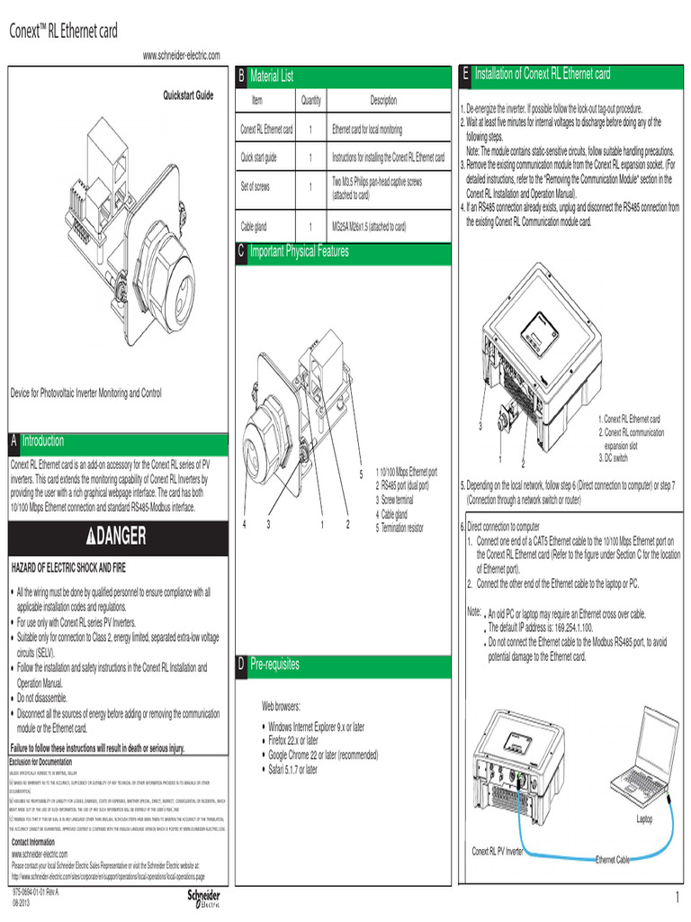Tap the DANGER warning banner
tap(116, 538)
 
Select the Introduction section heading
tap(42, 440)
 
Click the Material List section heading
tap(271, 77)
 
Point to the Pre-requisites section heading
tap(274, 664)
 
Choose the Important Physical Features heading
tap(299, 252)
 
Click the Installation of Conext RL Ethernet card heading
tap(542, 74)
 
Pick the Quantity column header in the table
tap(311, 101)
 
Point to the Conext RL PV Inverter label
tap(498, 851)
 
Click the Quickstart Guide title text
tap(187, 95)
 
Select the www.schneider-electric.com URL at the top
tap(181, 56)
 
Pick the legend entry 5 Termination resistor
tap(404, 528)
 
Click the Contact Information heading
tap(39, 842)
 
